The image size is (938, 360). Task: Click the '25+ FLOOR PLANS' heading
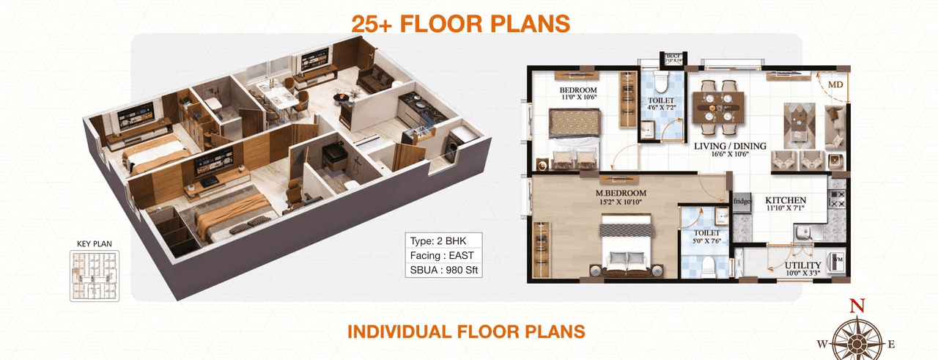click(x=460, y=23)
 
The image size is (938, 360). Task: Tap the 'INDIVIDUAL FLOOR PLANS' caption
click(x=466, y=331)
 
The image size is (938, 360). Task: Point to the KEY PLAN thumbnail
click(x=95, y=276)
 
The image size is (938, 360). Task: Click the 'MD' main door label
click(x=835, y=85)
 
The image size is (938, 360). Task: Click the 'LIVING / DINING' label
click(x=730, y=146)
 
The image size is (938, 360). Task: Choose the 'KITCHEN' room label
click(x=786, y=200)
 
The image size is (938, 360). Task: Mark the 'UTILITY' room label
click(x=802, y=265)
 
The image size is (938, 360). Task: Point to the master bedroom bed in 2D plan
click(x=626, y=246)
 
